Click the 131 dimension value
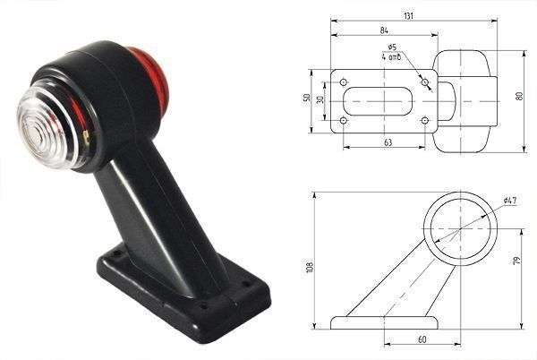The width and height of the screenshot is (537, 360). pos(409,16)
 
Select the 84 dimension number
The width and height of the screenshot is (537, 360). pos(384,30)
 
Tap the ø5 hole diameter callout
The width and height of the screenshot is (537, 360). pos(392,47)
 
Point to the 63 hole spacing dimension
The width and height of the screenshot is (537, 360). pos(388,142)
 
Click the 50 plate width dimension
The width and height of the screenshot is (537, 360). pos(307,98)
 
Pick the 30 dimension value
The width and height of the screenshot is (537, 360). pos(320,99)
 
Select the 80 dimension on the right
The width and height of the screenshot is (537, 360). pos(519,96)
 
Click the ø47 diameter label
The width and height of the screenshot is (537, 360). pos(510,201)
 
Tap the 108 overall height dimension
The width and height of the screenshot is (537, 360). pos(310,267)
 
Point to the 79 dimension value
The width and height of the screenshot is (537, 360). pos(517,261)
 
